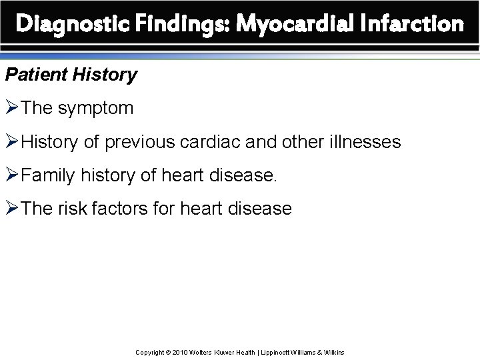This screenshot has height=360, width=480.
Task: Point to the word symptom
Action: tap(96, 108)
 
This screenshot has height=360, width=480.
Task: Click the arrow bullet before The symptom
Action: tap(13, 108)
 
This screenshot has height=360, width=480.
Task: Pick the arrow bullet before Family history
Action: tap(13, 175)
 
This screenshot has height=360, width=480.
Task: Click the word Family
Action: tap(45, 175)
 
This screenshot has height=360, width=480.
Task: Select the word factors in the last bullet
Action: tap(128, 209)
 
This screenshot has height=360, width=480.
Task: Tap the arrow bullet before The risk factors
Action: tap(13, 209)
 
